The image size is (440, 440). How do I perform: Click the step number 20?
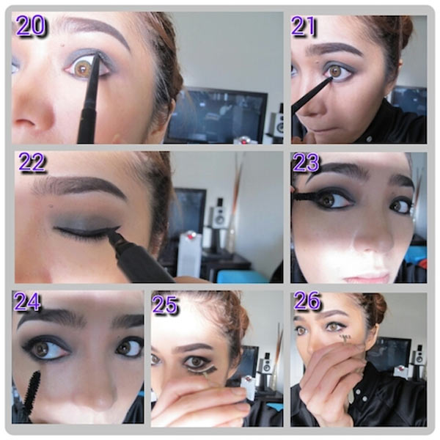tap(31, 25)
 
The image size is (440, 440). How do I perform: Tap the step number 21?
tap(304, 26)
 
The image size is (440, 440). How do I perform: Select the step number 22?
tap(32, 162)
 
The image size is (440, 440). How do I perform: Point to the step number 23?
tap(306, 162)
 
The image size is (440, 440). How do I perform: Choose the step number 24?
tap(27, 301)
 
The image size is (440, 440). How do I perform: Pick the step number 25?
tap(165, 304)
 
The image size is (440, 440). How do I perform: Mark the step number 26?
tap(307, 300)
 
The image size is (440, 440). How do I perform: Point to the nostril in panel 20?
tap(25, 122)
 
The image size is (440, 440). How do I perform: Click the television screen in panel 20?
tap(216, 116)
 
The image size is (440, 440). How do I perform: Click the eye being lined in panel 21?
tap(337, 72)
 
